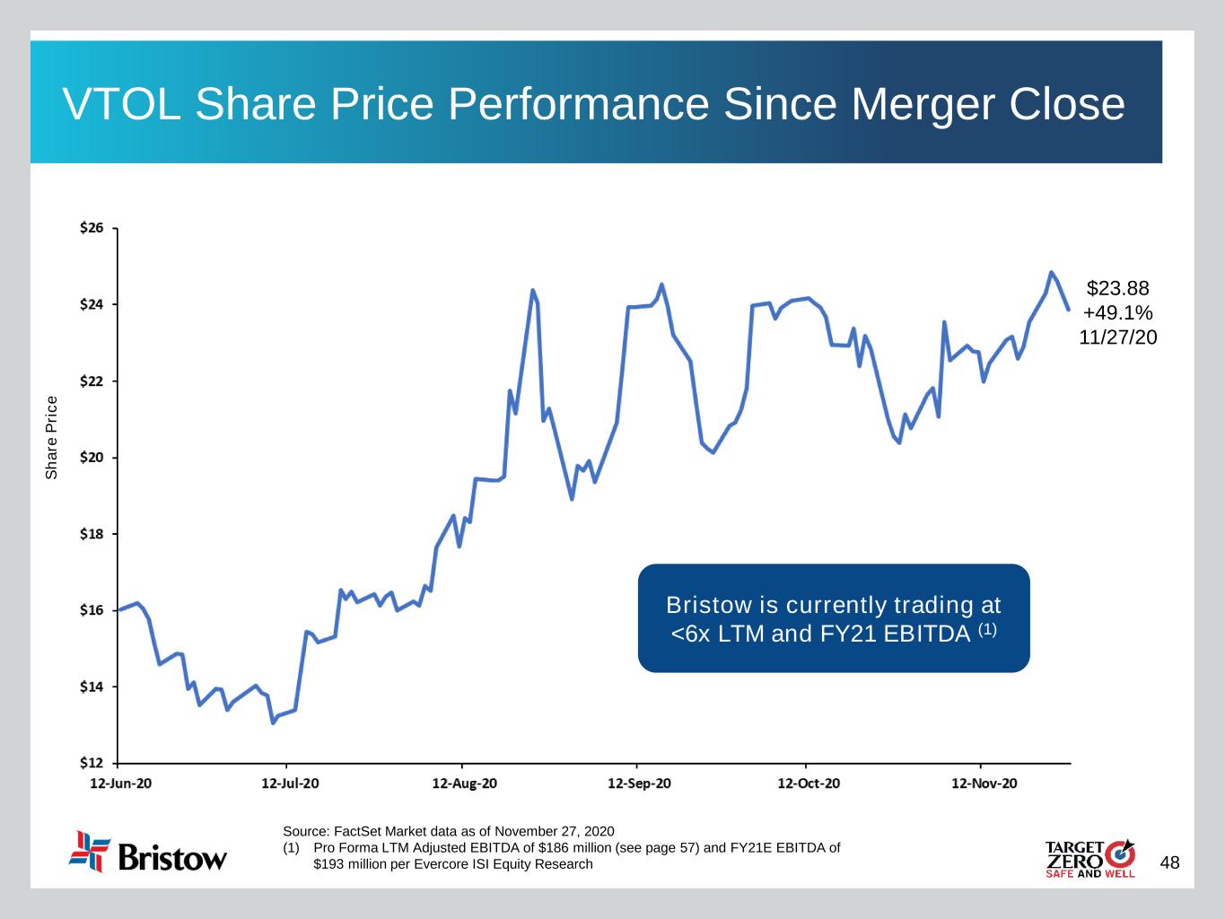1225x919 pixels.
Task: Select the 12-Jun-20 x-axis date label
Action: tap(121, 783)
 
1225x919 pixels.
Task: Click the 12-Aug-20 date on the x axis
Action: tap(464, 783)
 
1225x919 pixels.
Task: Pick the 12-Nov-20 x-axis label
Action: tap(984, 783)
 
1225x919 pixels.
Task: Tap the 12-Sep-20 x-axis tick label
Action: tap(639, 783)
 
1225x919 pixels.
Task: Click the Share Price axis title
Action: tap(52, 437)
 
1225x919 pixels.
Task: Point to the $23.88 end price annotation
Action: tap(1117, 288)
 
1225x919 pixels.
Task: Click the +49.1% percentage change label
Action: tap(1117, 312)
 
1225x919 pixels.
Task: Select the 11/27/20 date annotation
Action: tap(1117, 337)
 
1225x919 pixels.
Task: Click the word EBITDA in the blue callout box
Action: tap(926, 634)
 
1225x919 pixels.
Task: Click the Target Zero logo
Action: tap(1089, 859)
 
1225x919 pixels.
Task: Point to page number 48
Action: tap(1169, 863)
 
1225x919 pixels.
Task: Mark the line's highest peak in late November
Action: tap(1051, 272)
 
